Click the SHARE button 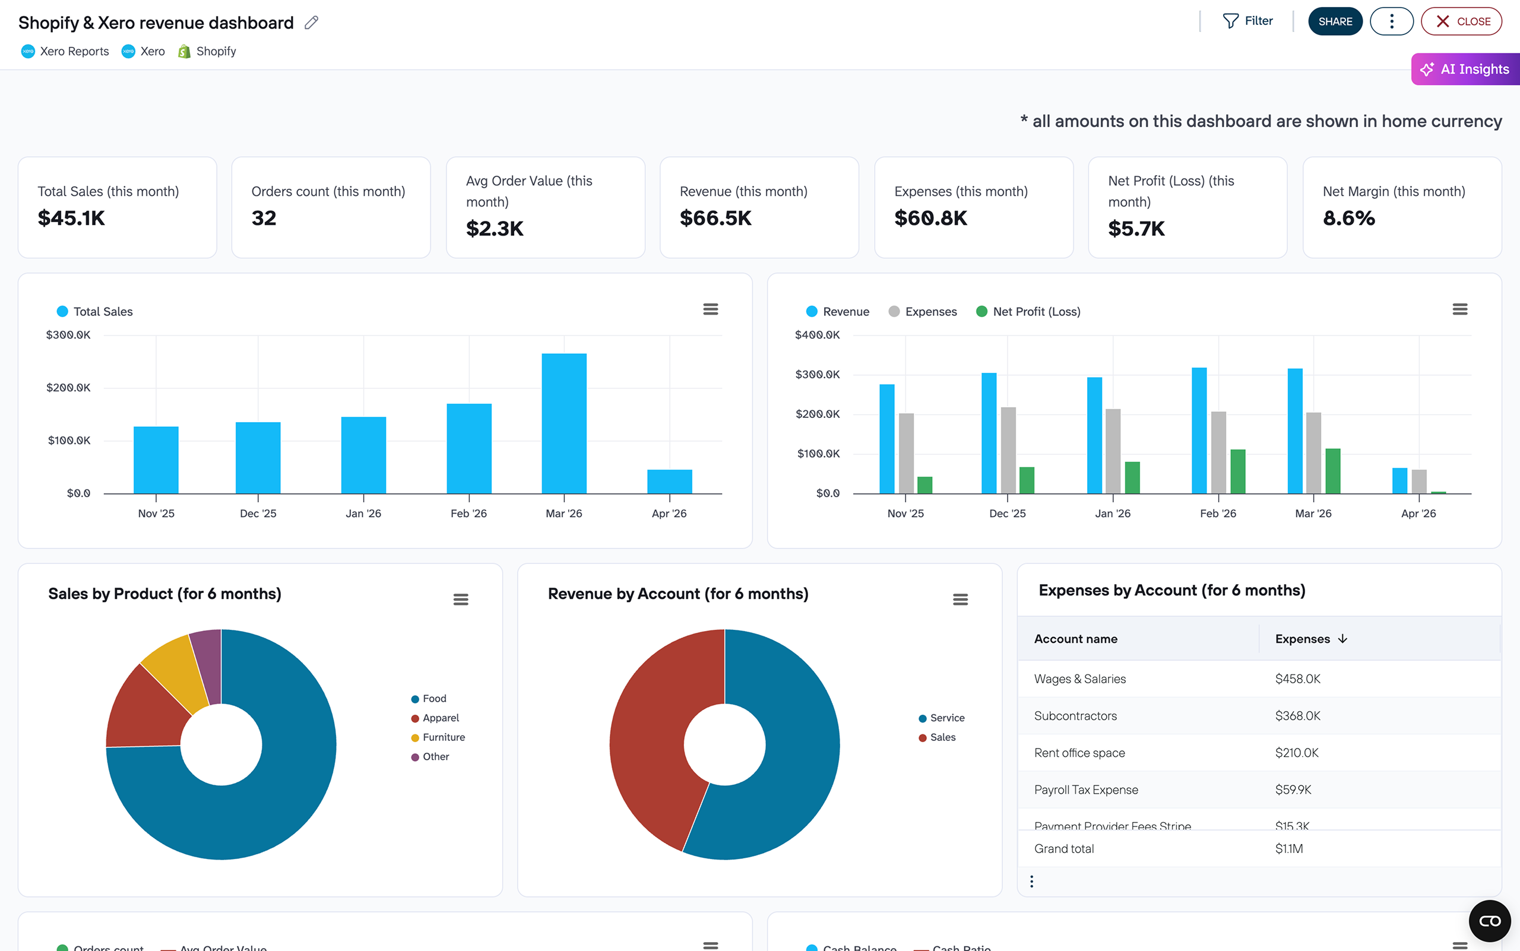pos(1334,21)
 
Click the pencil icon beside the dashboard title pos(312,23)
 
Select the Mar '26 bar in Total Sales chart pos(563,423)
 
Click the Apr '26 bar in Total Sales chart pos(669,481)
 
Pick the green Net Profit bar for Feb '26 pos(1237,471)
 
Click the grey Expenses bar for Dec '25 pos(1008,450)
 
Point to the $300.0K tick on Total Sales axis pos(68,335)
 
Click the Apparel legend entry pos(440,718)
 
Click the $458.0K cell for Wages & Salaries pos(1297,679)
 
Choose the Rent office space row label pos(1079,753)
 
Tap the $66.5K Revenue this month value pos(715,218)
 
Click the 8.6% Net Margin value pos(1348,218)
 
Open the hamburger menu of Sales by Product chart pos(461,600)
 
